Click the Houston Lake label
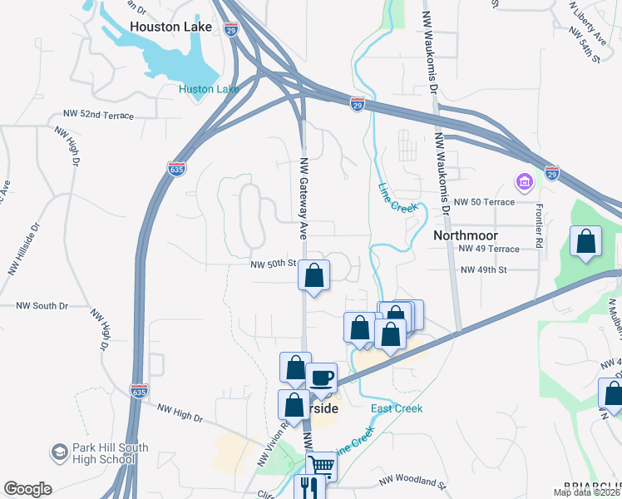[x=171, y=27]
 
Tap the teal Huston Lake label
[x=209, y=89]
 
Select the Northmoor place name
[x=466, y=235]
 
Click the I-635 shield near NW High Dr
[x=140, y=389]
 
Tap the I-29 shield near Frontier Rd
[x=552, y=173]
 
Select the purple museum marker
[x=524, y=180]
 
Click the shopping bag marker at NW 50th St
[x=314, y=275]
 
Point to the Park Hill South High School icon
[x=59, y=453]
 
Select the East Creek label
[x=397, y=408]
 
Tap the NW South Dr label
[x=42, y=306]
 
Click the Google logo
[x=27, y=489]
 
